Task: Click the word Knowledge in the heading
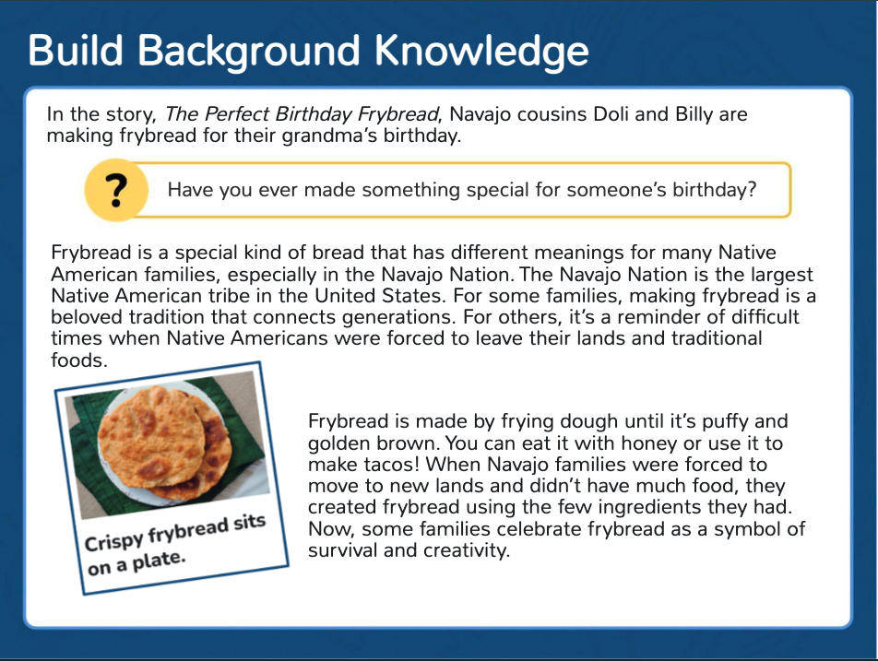click(x=481, y=51)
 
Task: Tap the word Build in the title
click(x=75, y=51)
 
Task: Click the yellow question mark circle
click(x=116, y=190)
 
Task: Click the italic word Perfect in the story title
click(x=237, y=114)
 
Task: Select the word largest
click(x=782, y=275)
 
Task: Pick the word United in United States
click(x=346, y=296)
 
